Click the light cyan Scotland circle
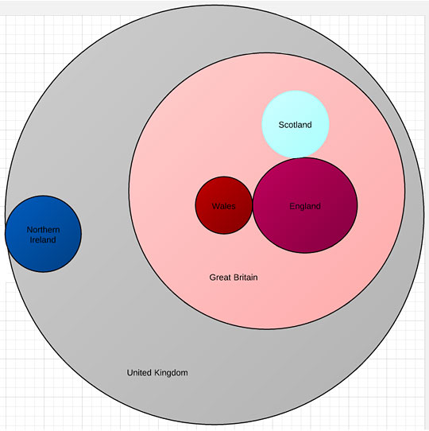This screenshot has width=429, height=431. pos(296,124)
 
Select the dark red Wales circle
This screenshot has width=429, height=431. pos(223,205)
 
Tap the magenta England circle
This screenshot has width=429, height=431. pos(305,205)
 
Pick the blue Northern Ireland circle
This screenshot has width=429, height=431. pos(43,234)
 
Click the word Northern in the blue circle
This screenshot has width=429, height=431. pos(43,230)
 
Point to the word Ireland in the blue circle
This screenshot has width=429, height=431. pos(43,239)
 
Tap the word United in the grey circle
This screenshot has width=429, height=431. pos(139,372)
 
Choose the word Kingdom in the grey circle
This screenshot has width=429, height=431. pos(171,373)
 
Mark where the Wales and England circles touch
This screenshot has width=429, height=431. pos(253,205)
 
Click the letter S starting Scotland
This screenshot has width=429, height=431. pos(281,125)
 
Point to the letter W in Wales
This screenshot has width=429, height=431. pos(216,206)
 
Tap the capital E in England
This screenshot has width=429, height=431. pos(292,206)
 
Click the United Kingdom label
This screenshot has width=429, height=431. pos(157,373)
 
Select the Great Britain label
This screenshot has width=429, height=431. pos(234,277)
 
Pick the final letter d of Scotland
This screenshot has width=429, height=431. pos(309,125)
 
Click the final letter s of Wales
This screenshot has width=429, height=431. pos(234,207)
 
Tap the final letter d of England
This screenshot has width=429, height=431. pos(319,206)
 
